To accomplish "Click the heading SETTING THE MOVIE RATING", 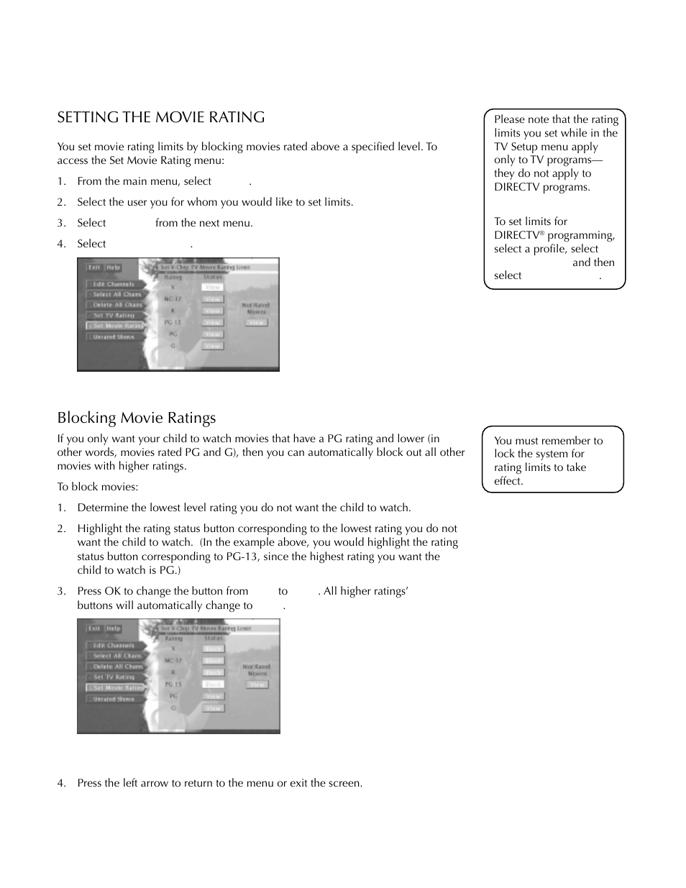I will (161, 117).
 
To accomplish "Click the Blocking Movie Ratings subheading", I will (137, 418).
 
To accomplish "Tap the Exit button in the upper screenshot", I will (94, 267).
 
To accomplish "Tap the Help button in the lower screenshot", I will (114, 628).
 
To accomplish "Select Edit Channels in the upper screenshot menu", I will (114, 284).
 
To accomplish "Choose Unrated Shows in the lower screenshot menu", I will (114, 699).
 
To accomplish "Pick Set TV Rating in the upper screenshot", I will (114, 315).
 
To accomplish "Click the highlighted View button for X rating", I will (213, 287).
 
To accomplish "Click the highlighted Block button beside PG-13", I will (214, 685).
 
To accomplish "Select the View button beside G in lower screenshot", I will (214, 708).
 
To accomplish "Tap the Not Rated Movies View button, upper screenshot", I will (257, 323).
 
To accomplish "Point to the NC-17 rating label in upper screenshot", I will (173, 299).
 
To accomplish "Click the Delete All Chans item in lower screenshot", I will (117, 667).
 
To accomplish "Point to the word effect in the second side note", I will (508, 481).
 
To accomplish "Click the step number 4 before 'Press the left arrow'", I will (61, 783).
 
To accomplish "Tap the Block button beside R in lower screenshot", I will (214, 672).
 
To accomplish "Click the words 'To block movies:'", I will (98, 487).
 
